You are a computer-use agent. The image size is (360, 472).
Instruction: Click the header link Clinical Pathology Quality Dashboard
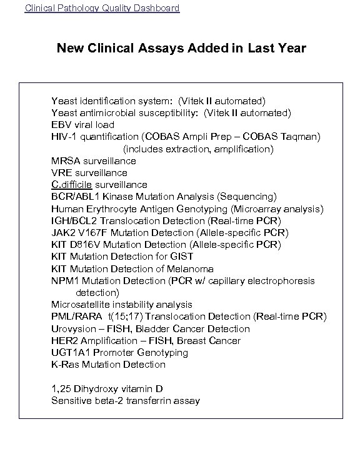coord(101,8)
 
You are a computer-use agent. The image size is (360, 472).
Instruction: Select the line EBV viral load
coord(82,125)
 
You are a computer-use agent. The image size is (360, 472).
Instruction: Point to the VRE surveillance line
coord(89,173)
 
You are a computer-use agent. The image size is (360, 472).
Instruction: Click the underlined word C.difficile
coord(72,185)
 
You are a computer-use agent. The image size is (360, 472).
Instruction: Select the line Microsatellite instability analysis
coord(122,305)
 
